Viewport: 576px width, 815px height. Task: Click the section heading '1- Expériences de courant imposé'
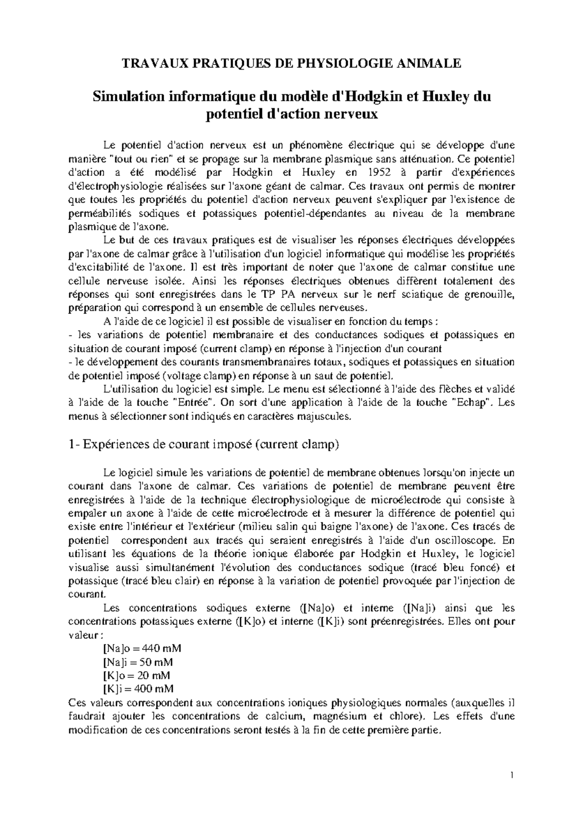204,444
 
